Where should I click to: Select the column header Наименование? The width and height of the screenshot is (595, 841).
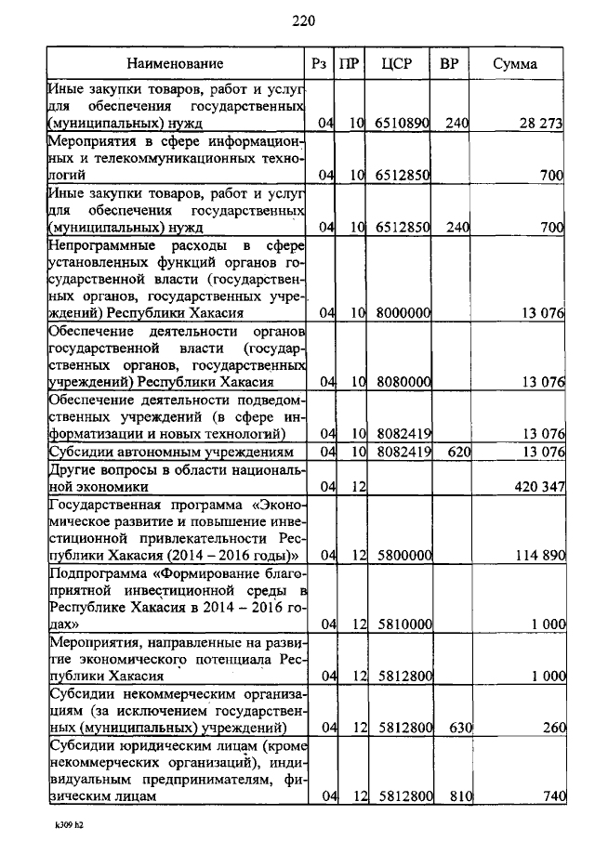point(176,63)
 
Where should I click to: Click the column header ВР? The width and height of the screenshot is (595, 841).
point(449,63)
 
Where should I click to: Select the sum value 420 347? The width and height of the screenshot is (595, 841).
point(538,485)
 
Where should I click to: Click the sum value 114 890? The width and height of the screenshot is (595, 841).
point(538,555)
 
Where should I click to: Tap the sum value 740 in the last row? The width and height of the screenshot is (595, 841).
point(552,796)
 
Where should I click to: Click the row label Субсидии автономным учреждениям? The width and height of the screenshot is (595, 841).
point(176,452)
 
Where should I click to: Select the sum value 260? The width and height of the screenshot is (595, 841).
point(552,727)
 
